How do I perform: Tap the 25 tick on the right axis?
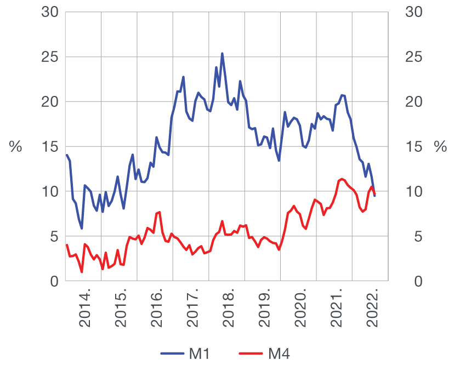(413, 57)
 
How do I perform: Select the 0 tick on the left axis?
(54, 282)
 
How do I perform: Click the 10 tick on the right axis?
(413, 192)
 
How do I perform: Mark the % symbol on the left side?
(16, 147)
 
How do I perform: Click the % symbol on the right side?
(440, 147)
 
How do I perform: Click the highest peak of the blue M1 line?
(222, 54)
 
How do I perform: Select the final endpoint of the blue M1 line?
(375, 196)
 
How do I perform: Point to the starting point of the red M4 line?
(66, 244)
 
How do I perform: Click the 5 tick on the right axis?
(409, 237)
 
